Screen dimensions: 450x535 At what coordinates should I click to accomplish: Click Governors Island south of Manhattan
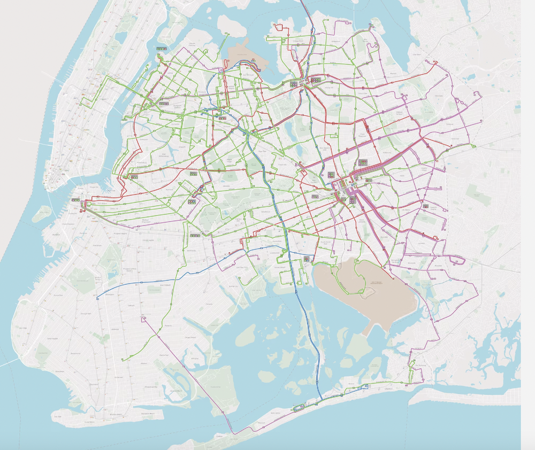(41, 214)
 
